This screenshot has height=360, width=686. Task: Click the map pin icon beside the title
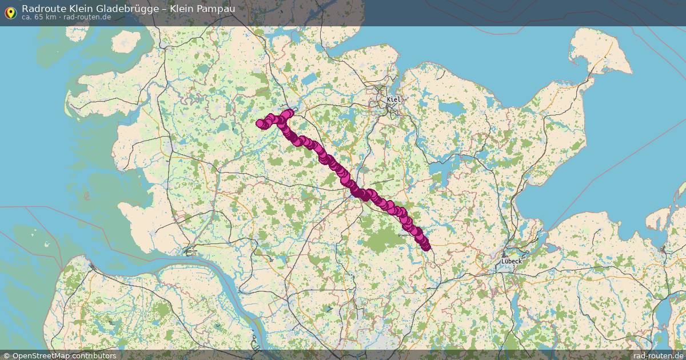point(10,12)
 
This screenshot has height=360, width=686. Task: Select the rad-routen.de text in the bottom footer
point(657,355)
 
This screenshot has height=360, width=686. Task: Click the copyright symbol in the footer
point(6,355)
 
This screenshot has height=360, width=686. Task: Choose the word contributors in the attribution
point(95,355)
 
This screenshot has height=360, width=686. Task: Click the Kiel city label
point(394,99)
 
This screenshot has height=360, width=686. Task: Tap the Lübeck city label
point(511,261)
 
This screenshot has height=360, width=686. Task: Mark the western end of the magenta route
point(260,123)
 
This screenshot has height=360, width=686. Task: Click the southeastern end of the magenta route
point(426,247)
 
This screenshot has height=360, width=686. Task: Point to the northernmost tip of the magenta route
point(290,112)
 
